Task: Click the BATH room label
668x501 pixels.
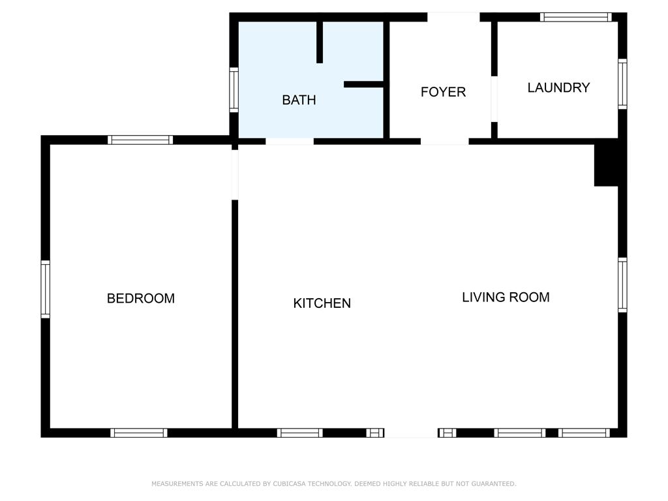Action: [299, 100]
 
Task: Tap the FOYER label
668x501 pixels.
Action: [443, 91]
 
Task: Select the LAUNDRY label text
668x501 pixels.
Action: [558, 87]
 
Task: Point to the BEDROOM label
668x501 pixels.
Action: [141, 298]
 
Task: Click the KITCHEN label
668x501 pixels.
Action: [322, 303]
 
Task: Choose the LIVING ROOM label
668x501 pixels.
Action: [506, 297]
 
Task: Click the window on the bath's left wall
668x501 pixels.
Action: [234, 90]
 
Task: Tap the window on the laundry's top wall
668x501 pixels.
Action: [576, 17]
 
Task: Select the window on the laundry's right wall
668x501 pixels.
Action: [622, 84]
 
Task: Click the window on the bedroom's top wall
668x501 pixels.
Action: [140, 140]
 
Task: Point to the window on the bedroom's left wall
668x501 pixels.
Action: [45, 289]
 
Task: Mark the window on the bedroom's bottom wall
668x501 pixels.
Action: [139, 433]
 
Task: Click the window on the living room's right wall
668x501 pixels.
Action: [622, 285]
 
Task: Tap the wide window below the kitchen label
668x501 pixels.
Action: [300, 433]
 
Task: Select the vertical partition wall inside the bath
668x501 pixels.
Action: [320, 42]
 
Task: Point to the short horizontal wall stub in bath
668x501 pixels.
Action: [364, 84]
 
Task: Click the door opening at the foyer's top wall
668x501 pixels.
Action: [454, 17]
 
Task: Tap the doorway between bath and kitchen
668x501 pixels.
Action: [290, 142]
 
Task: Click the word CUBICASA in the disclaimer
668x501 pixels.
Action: [289, 483]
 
